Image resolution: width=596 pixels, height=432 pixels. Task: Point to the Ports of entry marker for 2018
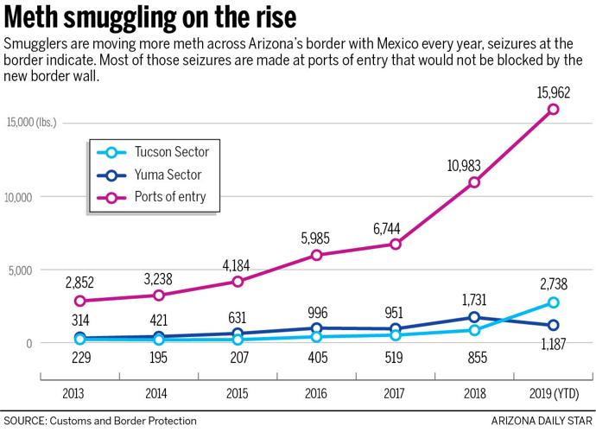(x=474, y=182)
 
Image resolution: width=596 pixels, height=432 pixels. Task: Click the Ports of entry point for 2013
(x=79, y=301)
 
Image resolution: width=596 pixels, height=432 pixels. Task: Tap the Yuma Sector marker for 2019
(x=553, y=325)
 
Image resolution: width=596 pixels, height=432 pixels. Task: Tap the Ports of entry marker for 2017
(x=395, y=245)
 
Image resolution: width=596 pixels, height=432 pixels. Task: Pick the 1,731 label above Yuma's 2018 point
(x=473, y=299)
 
